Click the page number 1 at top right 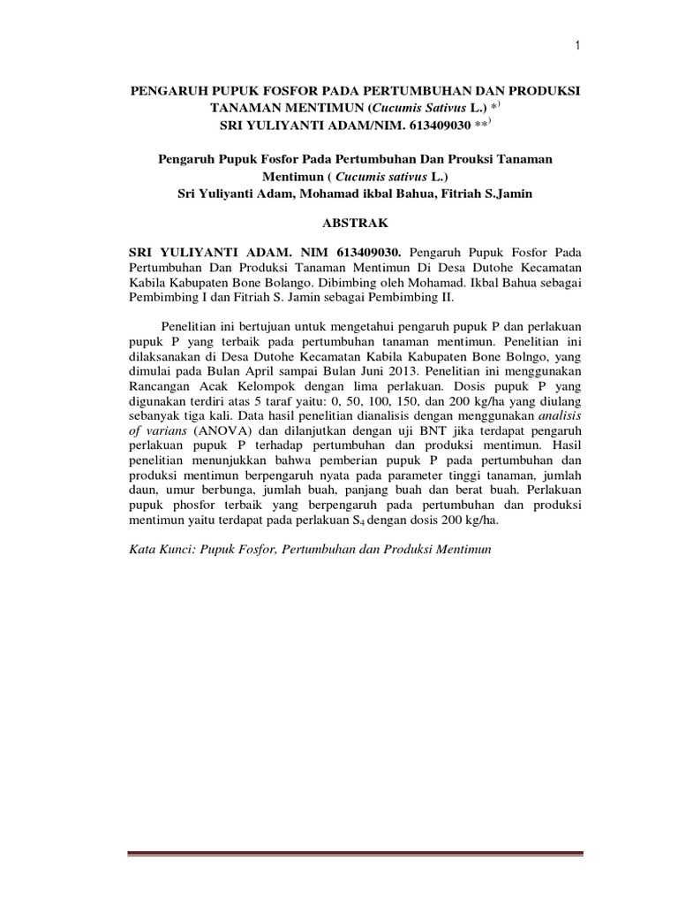point(576,47)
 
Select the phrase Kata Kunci point(162,549)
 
